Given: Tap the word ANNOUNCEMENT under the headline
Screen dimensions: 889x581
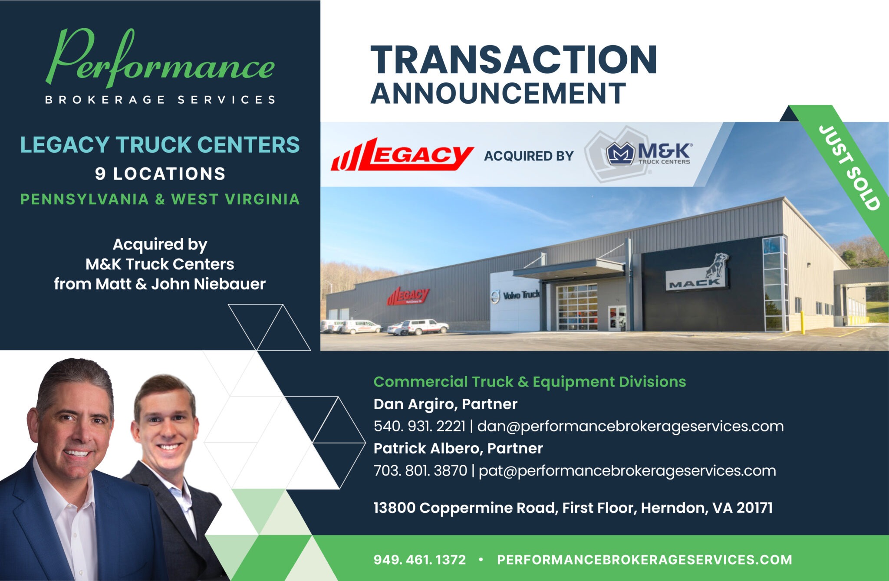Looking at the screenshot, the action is tap(498, 93).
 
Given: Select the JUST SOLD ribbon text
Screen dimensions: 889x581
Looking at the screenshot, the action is tap(849, 167).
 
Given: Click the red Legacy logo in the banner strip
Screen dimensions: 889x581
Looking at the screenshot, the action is tap(402, 154).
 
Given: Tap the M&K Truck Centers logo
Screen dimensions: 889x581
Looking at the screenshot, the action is tap(649, 154).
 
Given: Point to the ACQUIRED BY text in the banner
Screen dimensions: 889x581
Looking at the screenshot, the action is tap(529, 156).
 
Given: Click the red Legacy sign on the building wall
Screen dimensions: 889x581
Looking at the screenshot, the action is tap(408, 296).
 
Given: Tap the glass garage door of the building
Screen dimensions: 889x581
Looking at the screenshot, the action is tap(577, 307).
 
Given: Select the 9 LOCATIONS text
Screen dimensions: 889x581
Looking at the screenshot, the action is tap(160, 174).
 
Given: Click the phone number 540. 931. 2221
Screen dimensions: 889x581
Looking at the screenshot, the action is tap(419, 426).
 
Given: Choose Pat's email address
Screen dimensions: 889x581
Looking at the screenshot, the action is tap(627, 471).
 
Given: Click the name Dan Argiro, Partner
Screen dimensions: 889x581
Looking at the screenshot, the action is tap(445, 404).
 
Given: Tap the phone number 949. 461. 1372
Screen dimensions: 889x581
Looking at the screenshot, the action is tap(419, 560).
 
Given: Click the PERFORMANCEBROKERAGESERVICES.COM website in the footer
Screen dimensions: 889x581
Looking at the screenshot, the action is tap(645, 560).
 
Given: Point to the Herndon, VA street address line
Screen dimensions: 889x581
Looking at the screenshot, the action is tap(573, 508).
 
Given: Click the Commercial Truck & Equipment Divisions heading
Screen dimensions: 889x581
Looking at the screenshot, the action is tap(530, 382).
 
